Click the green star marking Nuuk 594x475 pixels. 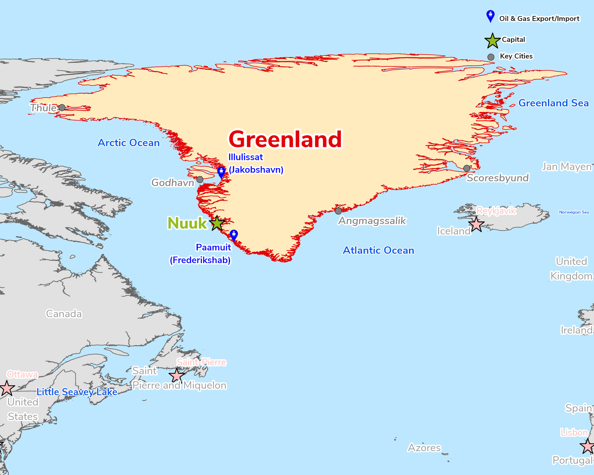217,223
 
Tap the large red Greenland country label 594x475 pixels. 285,139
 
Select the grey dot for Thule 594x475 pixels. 62,108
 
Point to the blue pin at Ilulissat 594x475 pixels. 221,172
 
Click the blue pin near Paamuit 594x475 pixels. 234,235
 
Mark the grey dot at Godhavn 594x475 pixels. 200,180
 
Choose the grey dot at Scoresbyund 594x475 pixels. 467,168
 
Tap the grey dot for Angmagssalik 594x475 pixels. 338,211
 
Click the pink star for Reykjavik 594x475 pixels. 476,225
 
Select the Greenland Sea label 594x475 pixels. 553,103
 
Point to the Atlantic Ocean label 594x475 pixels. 378,250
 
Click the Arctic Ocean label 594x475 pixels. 128,143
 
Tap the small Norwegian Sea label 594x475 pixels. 574,212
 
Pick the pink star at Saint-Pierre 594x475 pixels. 177,376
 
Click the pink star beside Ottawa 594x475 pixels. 7,389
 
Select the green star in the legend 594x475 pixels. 492,41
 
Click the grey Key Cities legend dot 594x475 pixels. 491,57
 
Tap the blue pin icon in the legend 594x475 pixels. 490,16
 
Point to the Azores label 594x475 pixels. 424,448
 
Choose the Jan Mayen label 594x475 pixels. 567,167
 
